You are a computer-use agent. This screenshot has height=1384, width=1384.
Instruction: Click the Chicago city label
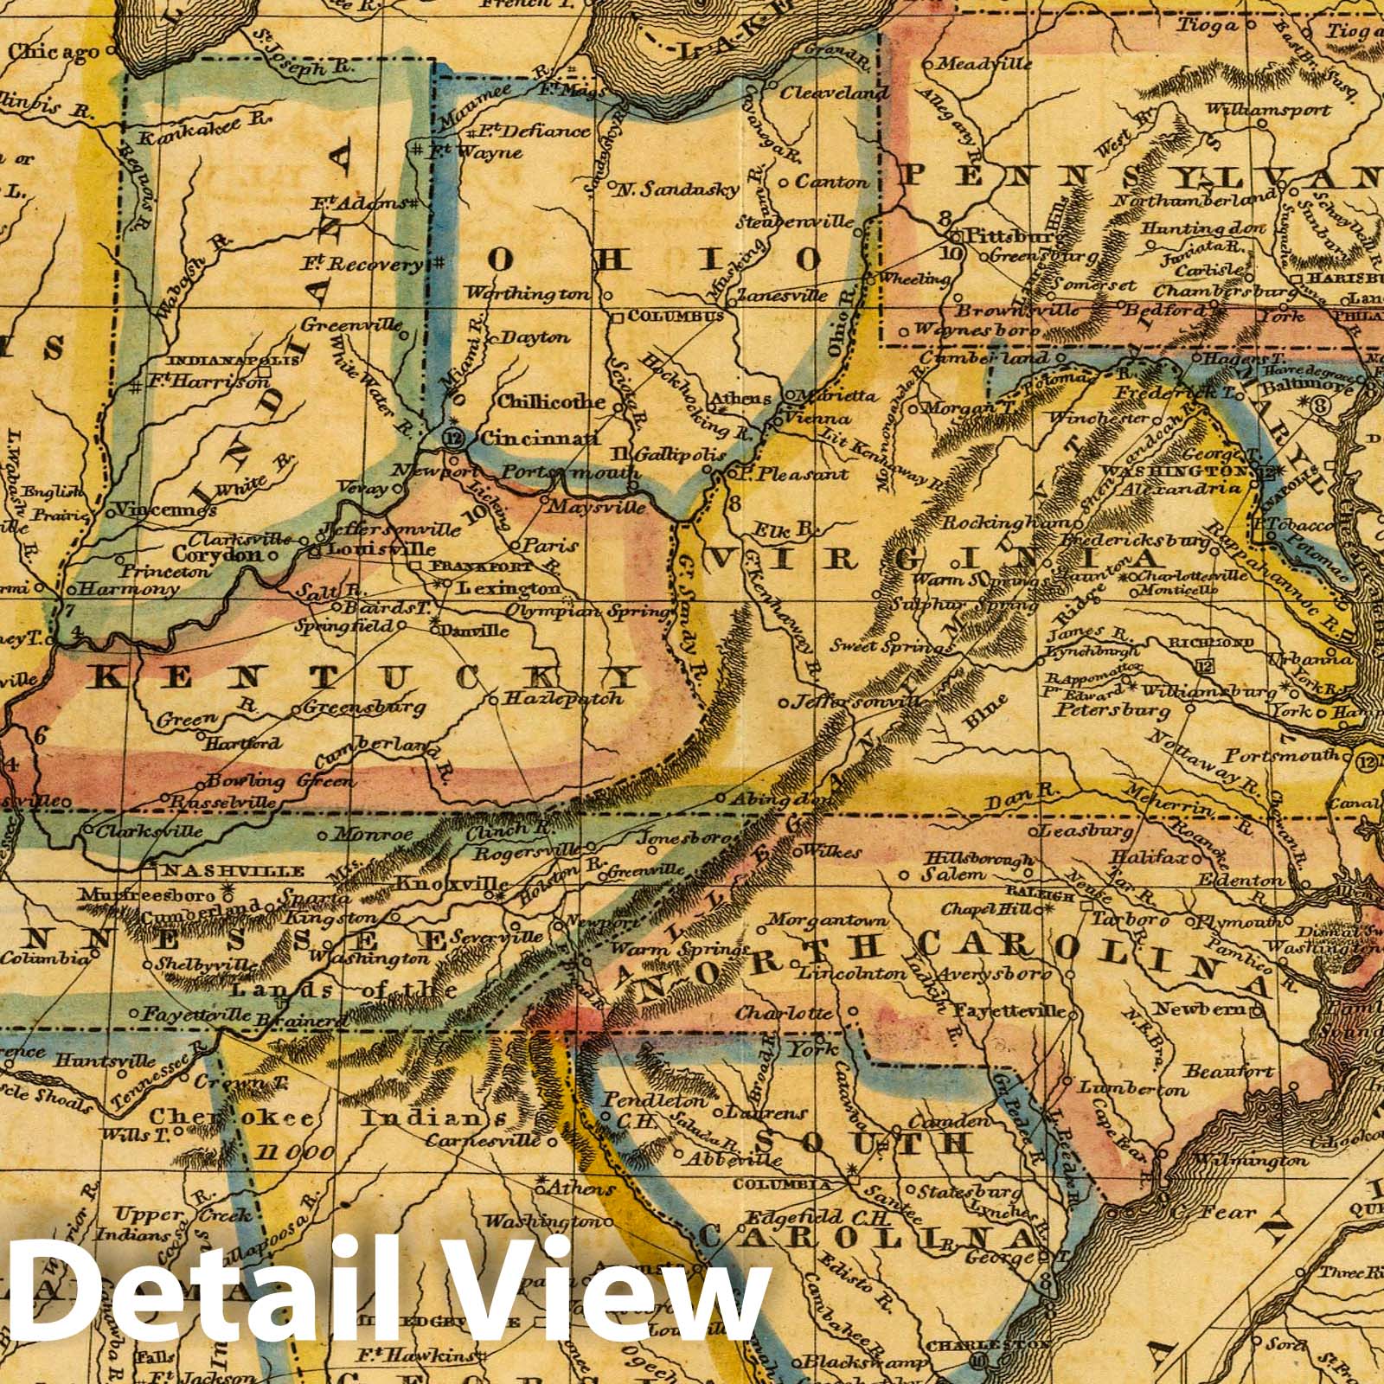tap(54, 52)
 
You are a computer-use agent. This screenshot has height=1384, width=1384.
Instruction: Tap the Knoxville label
tap(452, 884)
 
